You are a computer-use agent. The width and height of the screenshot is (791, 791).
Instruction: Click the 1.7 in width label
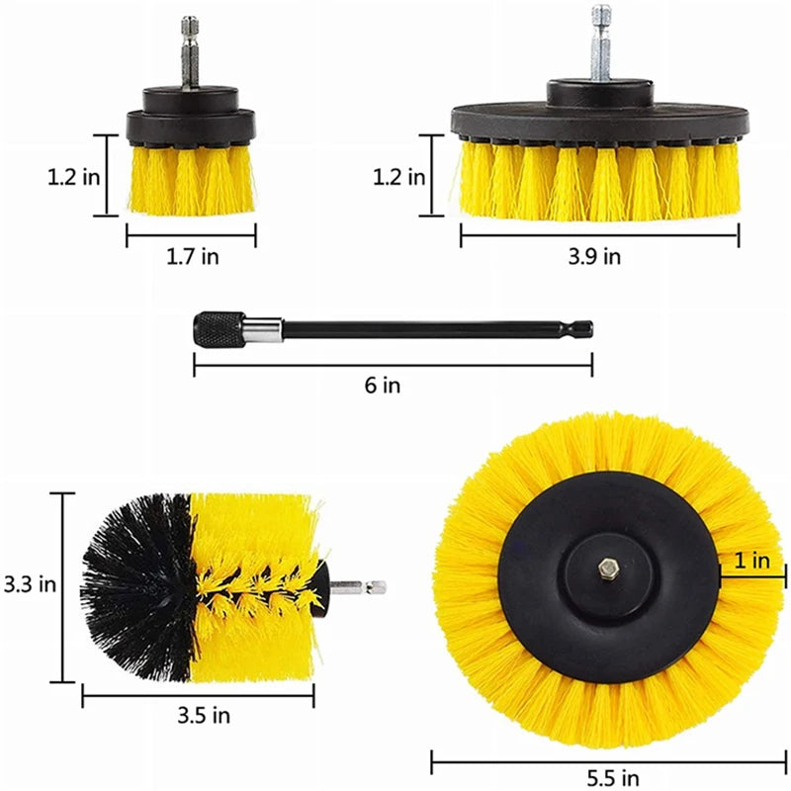pyautogui.click(x=191, y=257)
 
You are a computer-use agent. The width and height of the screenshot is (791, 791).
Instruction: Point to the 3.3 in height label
pyautogui.click(x=29, y=583)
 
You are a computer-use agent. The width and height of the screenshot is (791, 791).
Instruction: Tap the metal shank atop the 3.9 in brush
pyautogui.click(x=600, y=44)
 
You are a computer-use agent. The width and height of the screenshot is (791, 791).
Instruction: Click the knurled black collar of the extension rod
pyautogui.click(x=218, y=328)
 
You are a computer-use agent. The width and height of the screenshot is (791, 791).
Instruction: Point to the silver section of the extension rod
pyautogui.click(x=264, y=328)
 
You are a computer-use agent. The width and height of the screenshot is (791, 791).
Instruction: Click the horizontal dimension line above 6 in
pyautogui.click(x=393, y=366)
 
